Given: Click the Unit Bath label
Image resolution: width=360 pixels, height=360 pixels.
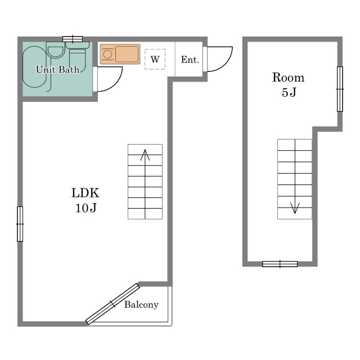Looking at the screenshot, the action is (57, 69).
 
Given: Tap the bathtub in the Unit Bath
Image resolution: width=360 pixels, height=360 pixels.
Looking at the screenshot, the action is (35, 67).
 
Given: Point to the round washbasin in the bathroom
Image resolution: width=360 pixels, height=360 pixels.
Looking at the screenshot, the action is (56, 52).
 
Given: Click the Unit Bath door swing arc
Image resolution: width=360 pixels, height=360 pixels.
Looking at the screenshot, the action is (115, 83).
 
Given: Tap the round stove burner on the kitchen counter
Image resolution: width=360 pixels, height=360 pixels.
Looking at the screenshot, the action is (107, 55).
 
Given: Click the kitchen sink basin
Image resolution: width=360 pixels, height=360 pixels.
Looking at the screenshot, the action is (127, 54).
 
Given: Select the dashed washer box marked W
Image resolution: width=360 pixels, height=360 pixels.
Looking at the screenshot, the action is (155, 59).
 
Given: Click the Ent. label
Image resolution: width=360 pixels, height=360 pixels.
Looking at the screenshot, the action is (190, 60).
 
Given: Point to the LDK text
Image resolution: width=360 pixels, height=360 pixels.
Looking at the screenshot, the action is (85, 193).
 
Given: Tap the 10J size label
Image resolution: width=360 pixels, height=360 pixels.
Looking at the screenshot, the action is (86, 208).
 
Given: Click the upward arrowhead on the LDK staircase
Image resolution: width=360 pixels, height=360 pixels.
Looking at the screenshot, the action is (145, 155).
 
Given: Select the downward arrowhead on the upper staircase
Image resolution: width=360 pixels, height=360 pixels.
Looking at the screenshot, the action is (295, 208).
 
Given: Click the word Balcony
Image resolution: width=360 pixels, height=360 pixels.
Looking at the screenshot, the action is (141, 305).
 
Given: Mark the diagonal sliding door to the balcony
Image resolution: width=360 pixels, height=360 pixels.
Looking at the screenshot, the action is (112, 304).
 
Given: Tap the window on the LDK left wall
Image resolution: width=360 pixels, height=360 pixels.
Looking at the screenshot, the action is (20, 224).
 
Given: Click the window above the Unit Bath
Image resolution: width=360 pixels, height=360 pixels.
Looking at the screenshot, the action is (73, 39).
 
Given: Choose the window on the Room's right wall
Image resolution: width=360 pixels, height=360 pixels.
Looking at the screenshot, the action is (340, 89).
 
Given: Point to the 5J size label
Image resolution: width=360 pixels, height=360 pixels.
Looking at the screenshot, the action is (289, 92).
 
